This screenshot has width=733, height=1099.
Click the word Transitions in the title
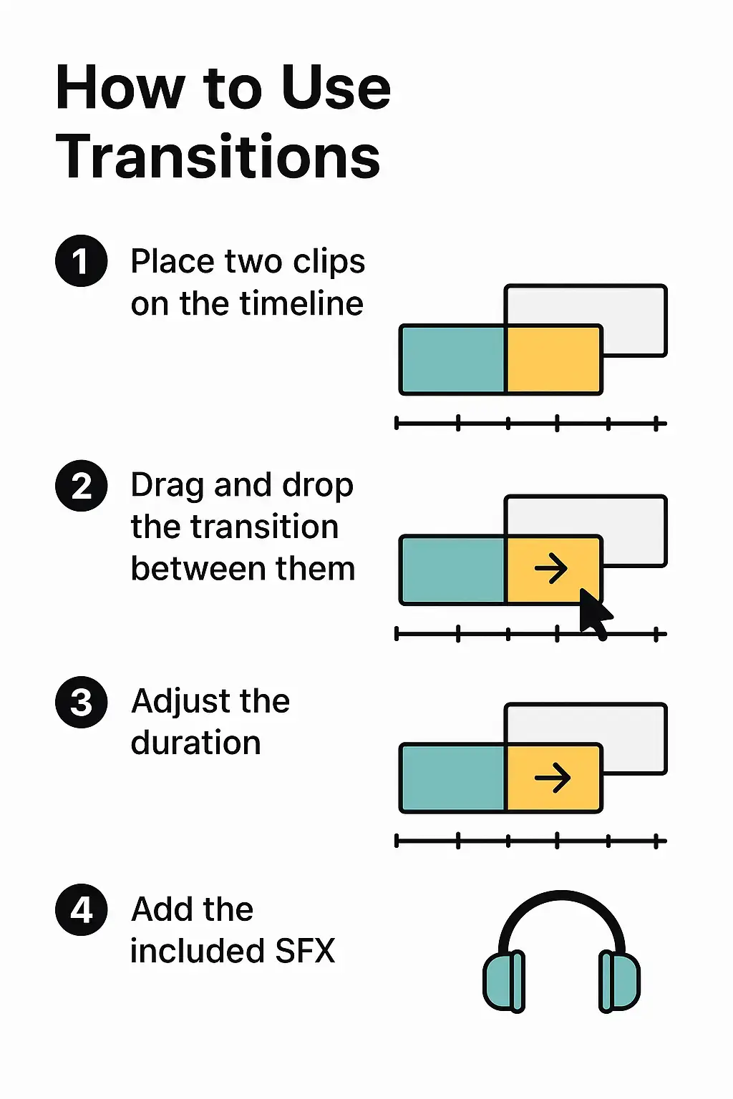218,157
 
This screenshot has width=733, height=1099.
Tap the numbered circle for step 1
81,260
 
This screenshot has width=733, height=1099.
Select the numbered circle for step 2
81,486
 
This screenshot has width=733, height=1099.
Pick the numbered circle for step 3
81,702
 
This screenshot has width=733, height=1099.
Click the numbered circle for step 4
81,911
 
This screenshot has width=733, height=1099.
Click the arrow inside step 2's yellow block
551,568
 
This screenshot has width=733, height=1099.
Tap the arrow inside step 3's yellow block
553,778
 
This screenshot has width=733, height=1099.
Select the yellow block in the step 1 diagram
553,360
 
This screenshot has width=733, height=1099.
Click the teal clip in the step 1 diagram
452,360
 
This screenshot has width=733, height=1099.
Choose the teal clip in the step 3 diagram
452,778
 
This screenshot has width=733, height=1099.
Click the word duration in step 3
195,742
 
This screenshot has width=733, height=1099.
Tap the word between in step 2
198,568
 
